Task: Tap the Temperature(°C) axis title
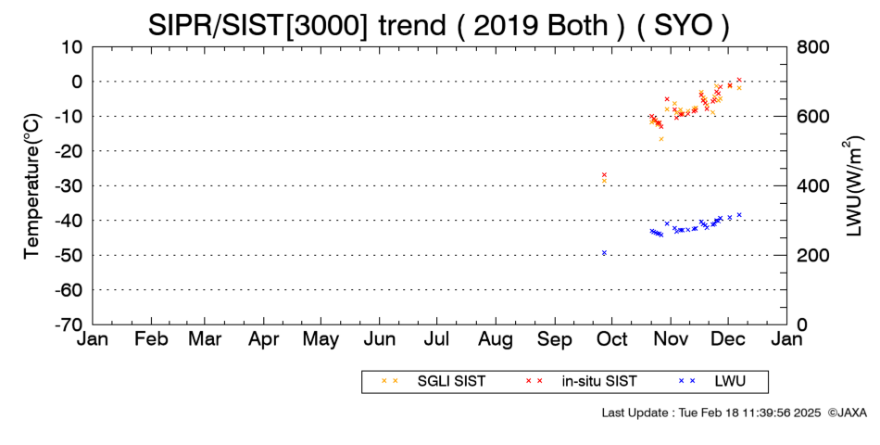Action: [x=32, y=186]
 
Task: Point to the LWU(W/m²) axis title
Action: [x=852, y=186]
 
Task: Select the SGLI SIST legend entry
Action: [x=434, y=382]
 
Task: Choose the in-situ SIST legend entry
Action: [x=581, y=382]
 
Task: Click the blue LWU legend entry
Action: [x=712, y=382]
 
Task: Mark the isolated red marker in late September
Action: [x=605, y=174]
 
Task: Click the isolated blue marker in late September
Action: [x=605, y=253]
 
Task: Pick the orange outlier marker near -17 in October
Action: [x=661, y=139]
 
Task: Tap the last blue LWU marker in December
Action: [x=739, y=215]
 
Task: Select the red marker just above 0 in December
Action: [x=739, y=80]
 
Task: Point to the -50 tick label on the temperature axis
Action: [x=69, y=256]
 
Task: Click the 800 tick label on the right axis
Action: [x=812, y=47]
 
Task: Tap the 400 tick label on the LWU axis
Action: [x=812, y=186]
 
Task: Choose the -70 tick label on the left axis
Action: [x=69, y=324]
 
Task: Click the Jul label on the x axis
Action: [x=436, y=338]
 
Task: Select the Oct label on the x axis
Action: [x=611, y=338]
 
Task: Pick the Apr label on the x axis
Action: [x=263, y=339]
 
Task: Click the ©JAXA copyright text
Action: [x=848, y=413]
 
